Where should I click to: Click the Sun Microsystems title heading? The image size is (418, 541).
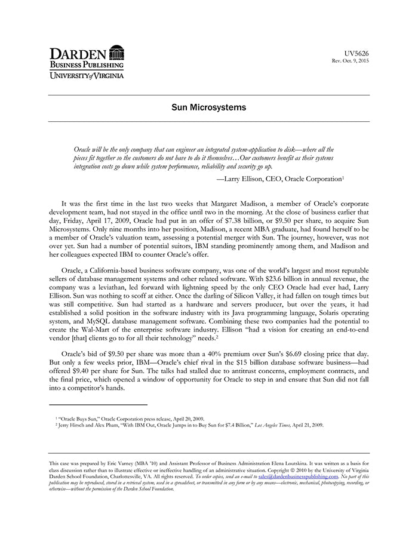click(x=208, y=108)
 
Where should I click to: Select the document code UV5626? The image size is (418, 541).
click(x=357, y=53)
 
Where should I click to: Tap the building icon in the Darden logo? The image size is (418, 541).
click(x=117, y=52)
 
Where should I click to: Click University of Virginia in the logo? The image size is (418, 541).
click(x=87, y=76)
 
